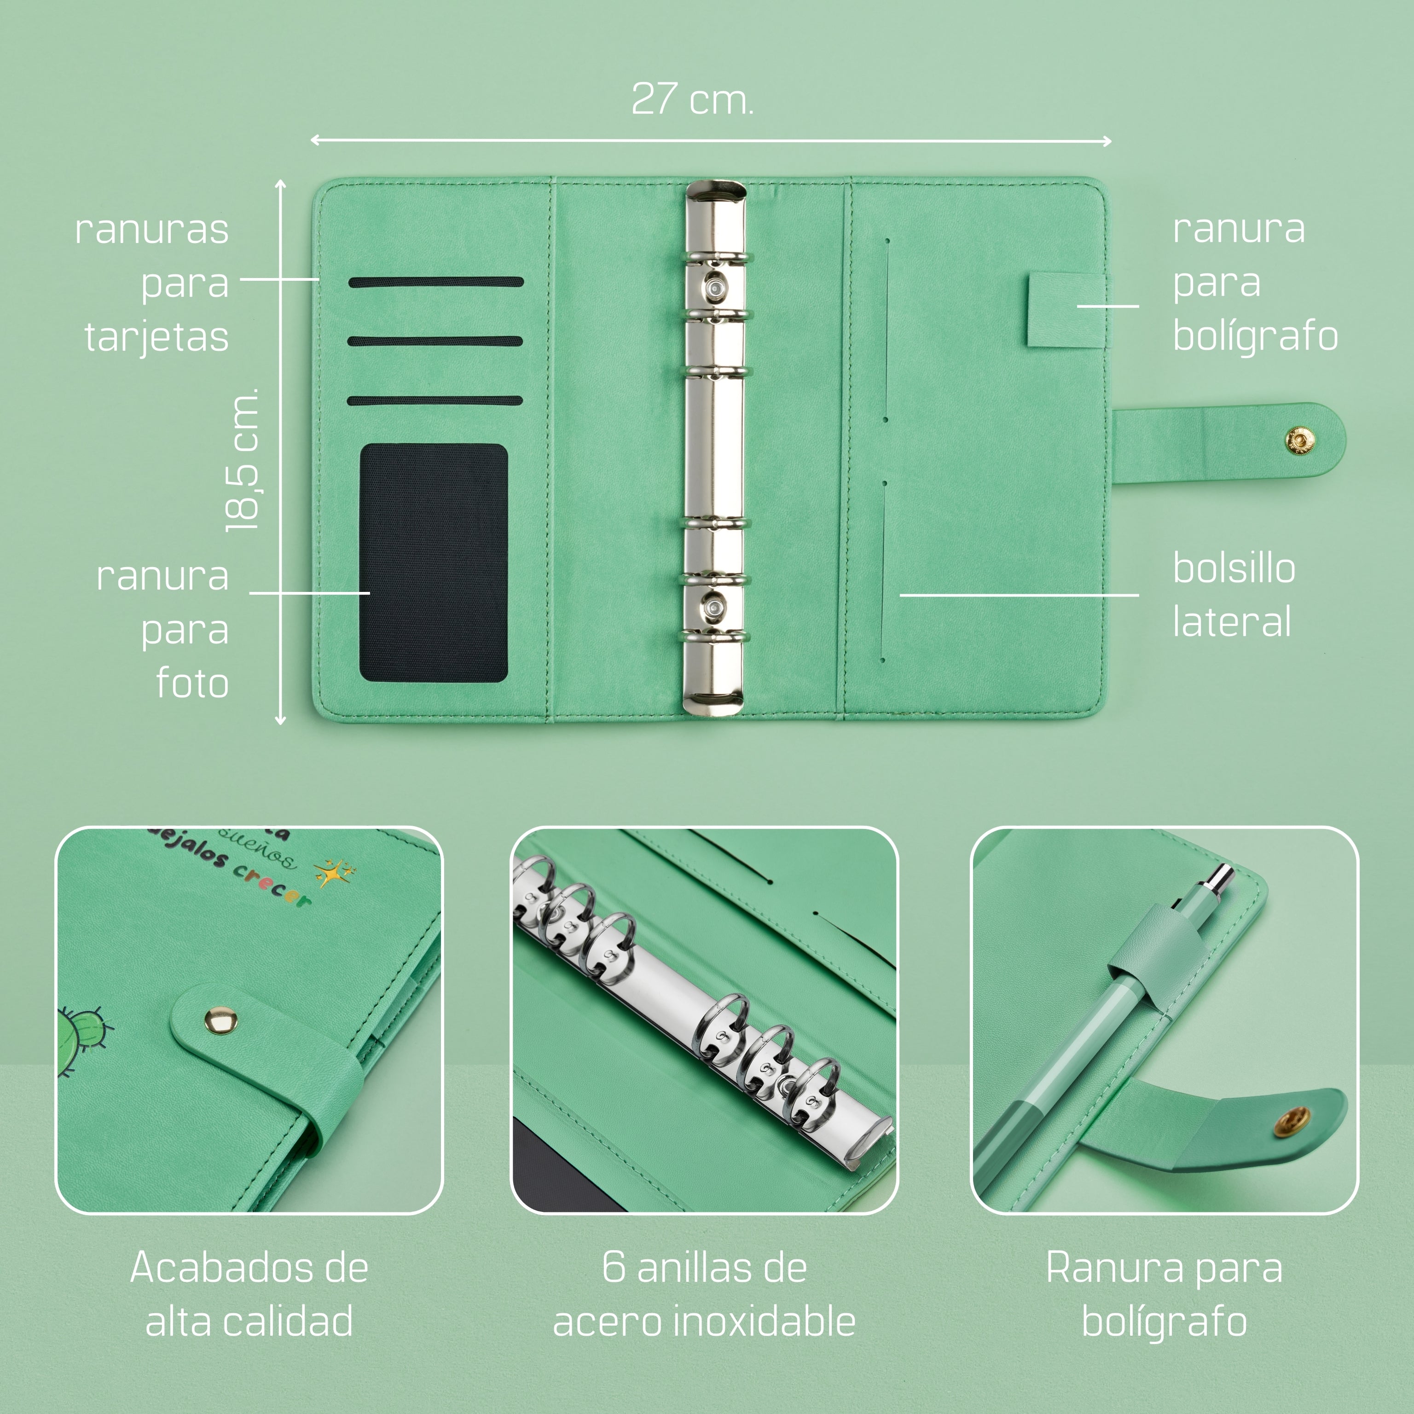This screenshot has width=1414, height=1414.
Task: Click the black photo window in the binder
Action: point(433,563)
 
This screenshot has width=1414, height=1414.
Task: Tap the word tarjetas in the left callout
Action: point(156,337)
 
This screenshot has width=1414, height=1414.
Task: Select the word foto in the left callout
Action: point(192,684)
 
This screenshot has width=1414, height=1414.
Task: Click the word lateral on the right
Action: point(1232,622)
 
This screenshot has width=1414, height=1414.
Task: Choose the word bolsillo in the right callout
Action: point(1234,568)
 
